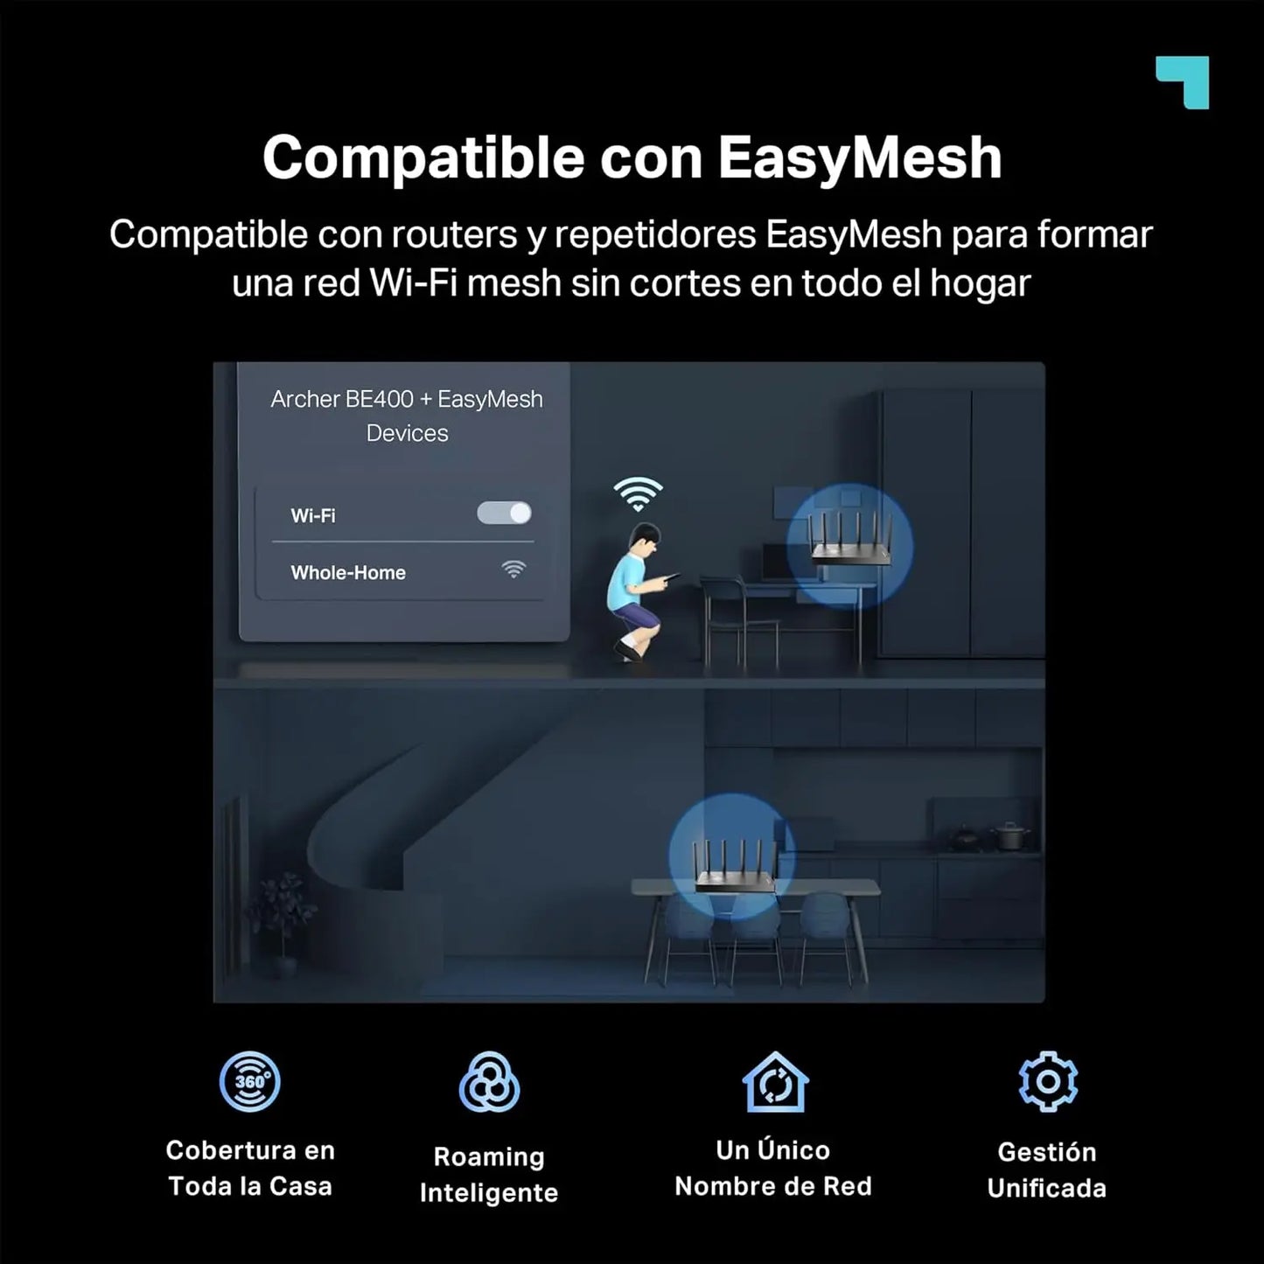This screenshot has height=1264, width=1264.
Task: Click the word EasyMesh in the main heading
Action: (x=859, y=157)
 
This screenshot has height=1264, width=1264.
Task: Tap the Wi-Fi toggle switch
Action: (x=504, y=513)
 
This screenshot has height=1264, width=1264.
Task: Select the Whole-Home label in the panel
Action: (x=348, y=573)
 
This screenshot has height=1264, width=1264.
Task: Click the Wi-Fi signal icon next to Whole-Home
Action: (x=513, y=570)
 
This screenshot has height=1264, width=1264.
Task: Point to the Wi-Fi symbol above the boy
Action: (x=638, y=493)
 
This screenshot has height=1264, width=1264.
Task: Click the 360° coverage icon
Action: (x=249, y=1082)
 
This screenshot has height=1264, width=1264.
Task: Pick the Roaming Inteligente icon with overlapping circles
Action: (x=489, y=1083)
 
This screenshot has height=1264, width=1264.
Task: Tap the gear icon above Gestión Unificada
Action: (x=1048, y=1082)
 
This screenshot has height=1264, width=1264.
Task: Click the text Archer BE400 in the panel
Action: (x=342, y=399)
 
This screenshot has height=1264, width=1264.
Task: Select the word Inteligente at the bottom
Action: (x=489, y=1193)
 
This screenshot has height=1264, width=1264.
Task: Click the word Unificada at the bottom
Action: (x=1047, y=1189)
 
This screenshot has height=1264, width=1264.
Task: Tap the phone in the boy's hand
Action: (x=672, y=576)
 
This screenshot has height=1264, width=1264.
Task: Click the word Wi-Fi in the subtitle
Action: (x=415, y=283)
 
